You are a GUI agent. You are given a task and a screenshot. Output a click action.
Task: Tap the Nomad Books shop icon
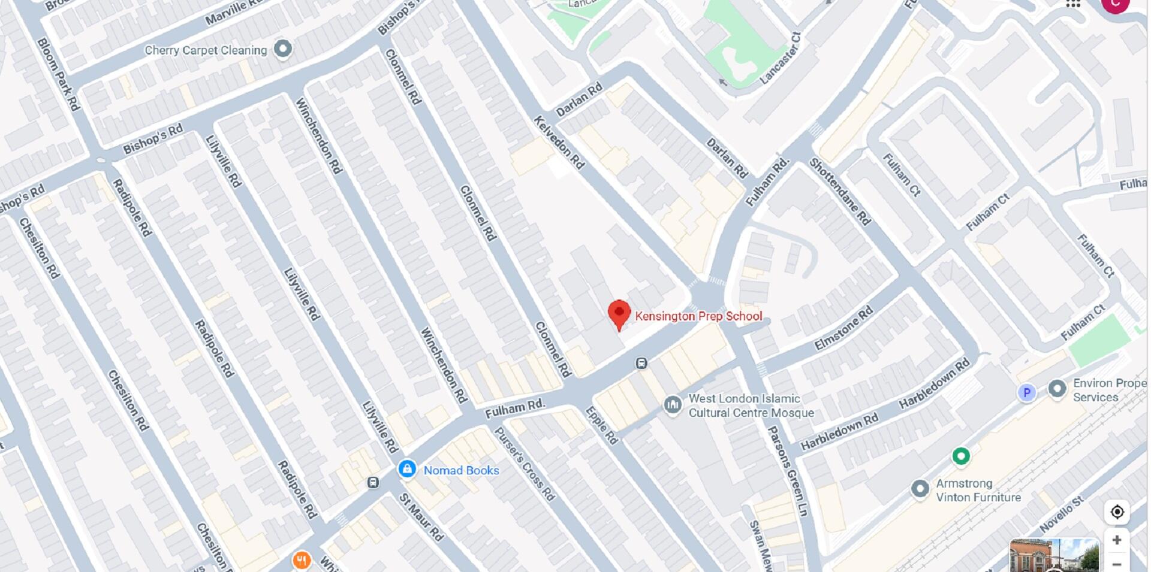coord(407,469)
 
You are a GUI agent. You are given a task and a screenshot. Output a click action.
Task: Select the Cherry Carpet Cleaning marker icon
coord(283,49)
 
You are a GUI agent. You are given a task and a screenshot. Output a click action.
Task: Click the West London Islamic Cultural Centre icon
coord(673,405)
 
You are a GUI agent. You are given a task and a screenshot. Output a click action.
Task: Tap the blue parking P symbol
coord(1026,393)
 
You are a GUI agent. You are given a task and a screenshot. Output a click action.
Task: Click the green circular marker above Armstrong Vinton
coord(961,456)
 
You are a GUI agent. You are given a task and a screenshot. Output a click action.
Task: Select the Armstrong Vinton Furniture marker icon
coord(920,489)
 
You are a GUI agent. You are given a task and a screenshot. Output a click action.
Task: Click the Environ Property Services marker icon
coord(1057,389)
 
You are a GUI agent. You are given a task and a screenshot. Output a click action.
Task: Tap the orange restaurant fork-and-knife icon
coord(302,561)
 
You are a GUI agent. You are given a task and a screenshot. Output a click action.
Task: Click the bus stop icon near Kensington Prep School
coord(641,363)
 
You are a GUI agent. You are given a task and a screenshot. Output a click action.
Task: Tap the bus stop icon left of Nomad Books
coord(373,482)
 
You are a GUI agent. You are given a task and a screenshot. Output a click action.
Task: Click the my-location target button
coord(1116,512)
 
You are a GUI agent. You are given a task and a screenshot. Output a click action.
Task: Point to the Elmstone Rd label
coord(843,328)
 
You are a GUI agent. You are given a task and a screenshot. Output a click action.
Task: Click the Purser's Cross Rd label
coord(524,464)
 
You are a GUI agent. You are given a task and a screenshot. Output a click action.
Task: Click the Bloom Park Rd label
coord(58,74)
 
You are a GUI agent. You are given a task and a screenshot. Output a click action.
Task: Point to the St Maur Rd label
coord(421,517)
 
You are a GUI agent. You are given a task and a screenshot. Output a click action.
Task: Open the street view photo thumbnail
coord(1054,555)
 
